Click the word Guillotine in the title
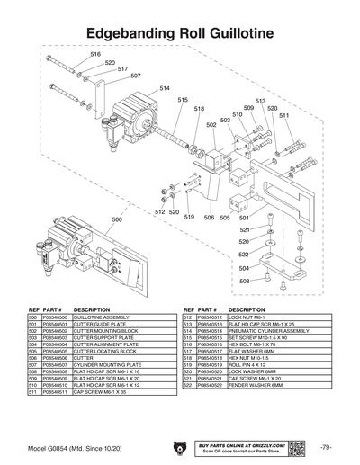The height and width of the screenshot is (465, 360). point(238,34)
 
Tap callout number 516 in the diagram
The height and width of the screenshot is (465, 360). point(95,55)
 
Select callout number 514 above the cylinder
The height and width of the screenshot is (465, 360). point(165,88)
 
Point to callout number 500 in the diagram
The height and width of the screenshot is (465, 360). point(116,219)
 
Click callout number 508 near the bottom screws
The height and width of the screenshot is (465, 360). point(245,281)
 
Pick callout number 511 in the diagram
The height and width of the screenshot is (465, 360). point(283,115)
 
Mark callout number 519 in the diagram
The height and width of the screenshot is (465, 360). point(190,217)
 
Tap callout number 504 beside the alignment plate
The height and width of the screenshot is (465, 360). point(245,268)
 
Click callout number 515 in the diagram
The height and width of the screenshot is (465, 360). point(183,99)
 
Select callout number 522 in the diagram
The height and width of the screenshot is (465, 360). point(245,255)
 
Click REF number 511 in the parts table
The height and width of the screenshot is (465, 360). point(33,392)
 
